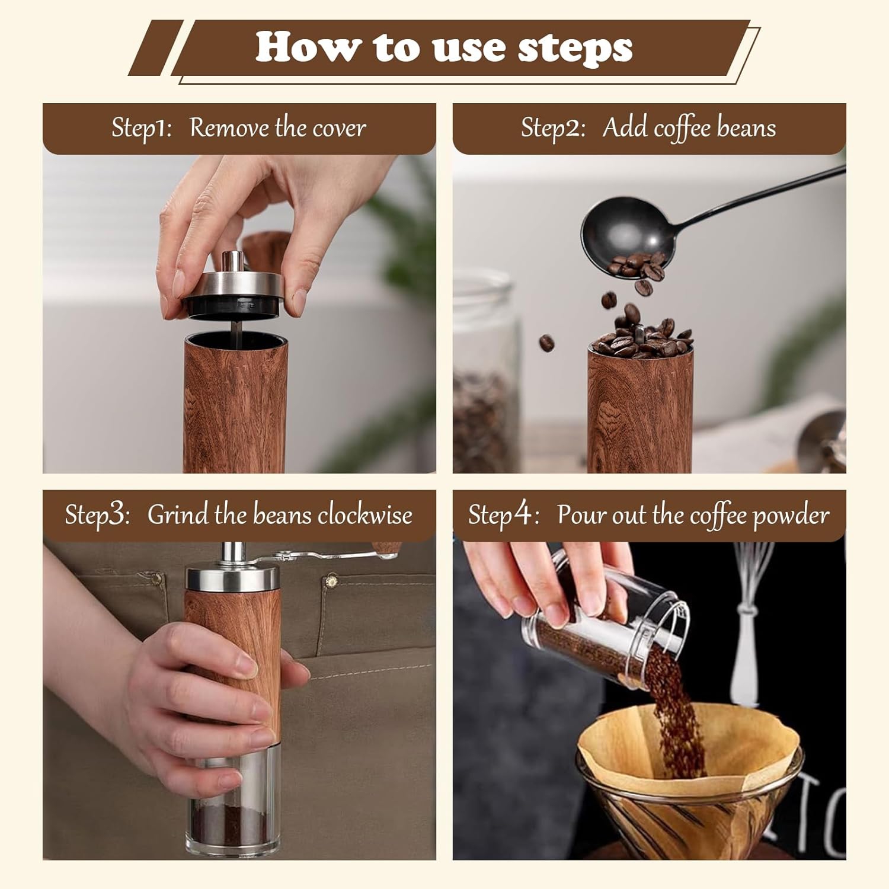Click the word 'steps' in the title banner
tap(575, 48)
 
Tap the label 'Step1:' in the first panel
tap(142, 128)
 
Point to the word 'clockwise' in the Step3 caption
tap(364, 514)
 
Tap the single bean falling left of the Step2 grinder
tap(546, 342)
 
